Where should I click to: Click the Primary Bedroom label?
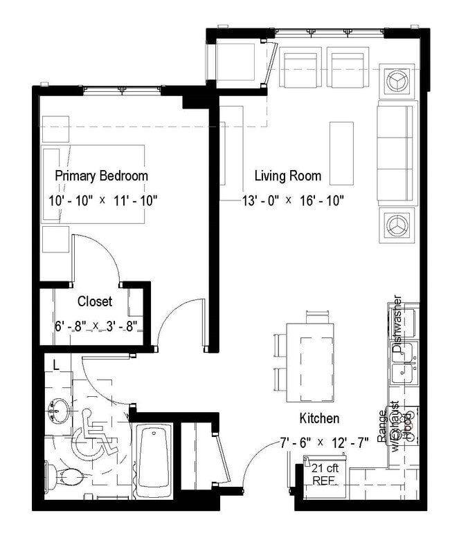pos(101,176)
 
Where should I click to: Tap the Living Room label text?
pos(287,176)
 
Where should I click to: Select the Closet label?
pos(95,301)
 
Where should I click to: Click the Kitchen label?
pos(318,418)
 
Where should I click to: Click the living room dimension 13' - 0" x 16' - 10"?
pos(293,201)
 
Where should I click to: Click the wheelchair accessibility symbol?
pos(89,435)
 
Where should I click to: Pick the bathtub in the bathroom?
pos(153,457)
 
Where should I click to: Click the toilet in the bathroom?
pos(68,475)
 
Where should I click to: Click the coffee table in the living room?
pos(341,153)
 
